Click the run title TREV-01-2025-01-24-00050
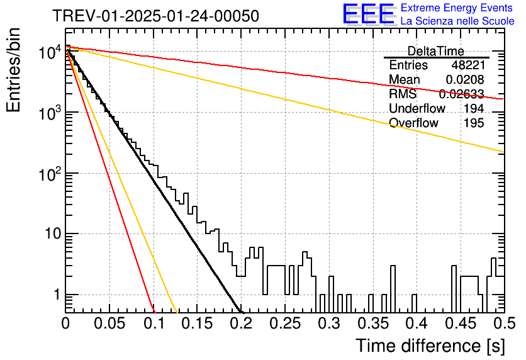[155, 16]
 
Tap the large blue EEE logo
[368, 14]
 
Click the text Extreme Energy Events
[457, 8]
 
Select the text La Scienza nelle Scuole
[457, 21]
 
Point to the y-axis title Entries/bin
[13, 70]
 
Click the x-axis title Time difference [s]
[430, 346]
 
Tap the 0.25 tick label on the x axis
[285, 323]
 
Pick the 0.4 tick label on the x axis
[417, 323]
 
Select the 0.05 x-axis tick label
[109, 323]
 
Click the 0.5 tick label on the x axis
[504, 323]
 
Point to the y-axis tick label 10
[53, 234]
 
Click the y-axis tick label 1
[57, 295]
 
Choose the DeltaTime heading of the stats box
[435, 51]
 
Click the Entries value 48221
[468, 65]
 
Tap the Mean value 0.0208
[465, 79]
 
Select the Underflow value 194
[474, 108]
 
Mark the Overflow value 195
[474, 123]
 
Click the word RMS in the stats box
[403, 94]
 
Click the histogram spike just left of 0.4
[414, 303]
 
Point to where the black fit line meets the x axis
[240, 312]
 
